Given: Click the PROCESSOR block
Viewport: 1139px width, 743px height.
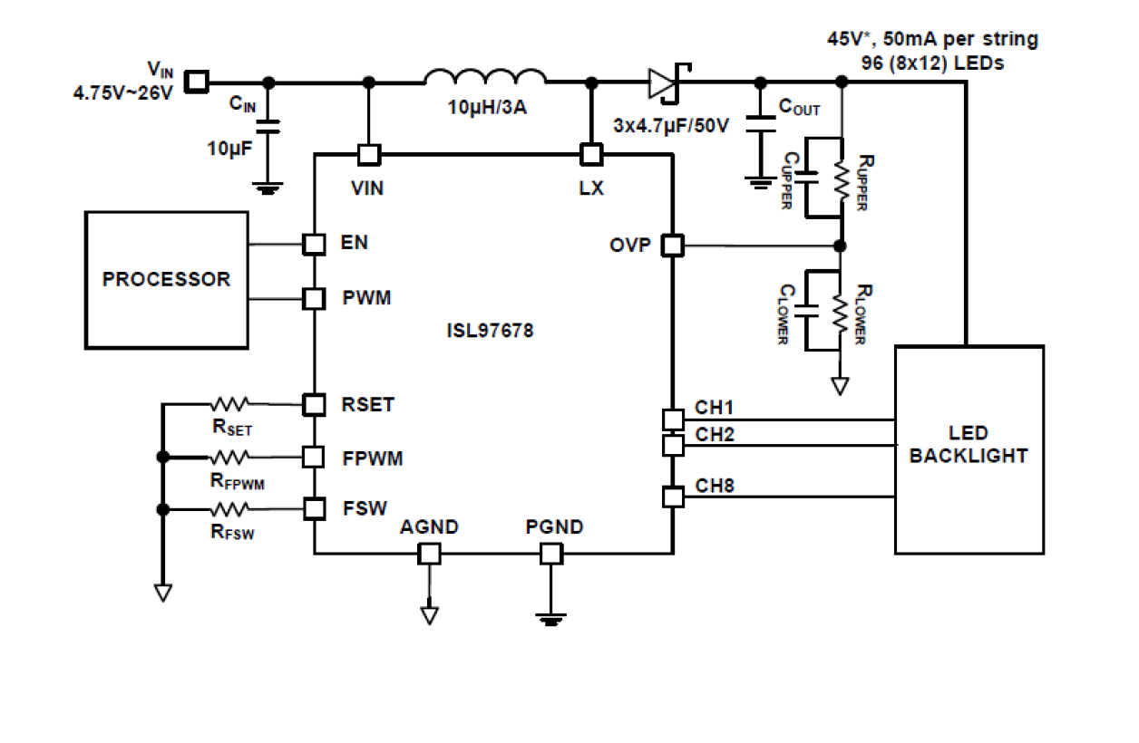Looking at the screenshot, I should point(166,279).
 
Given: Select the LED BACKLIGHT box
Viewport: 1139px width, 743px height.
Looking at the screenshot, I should point(969,449).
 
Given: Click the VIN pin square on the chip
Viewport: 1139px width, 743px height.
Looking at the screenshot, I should point(368,155).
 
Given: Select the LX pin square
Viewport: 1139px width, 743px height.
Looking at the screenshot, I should point(591,155).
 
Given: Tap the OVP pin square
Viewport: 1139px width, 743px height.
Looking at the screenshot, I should point(672,246).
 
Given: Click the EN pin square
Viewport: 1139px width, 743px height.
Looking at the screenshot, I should point(314,244).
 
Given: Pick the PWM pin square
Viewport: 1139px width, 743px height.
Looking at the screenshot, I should point(314,298).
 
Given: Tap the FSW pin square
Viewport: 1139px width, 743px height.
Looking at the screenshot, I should point(314,509).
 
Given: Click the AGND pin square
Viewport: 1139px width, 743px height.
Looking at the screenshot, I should point(429,554).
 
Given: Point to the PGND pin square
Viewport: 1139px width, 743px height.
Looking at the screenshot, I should point(550,554).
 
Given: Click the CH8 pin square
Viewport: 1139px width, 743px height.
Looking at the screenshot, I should point(672,497).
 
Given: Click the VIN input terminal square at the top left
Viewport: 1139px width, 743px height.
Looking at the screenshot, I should point(196,82).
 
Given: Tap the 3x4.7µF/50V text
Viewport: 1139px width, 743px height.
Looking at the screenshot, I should point(672,125).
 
